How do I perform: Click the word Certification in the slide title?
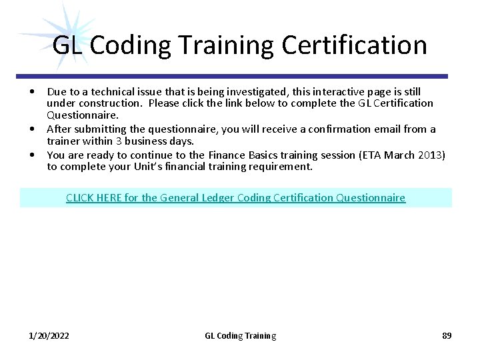[354, 45]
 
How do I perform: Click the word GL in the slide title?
[68, 45]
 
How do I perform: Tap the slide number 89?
[447, 335]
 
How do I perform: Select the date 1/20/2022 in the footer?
[49, 335]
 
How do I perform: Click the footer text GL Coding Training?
[240, 335]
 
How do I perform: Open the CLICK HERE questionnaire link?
[235, 197]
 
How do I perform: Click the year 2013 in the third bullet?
[429, 155]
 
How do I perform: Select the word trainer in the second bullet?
[64, 141]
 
